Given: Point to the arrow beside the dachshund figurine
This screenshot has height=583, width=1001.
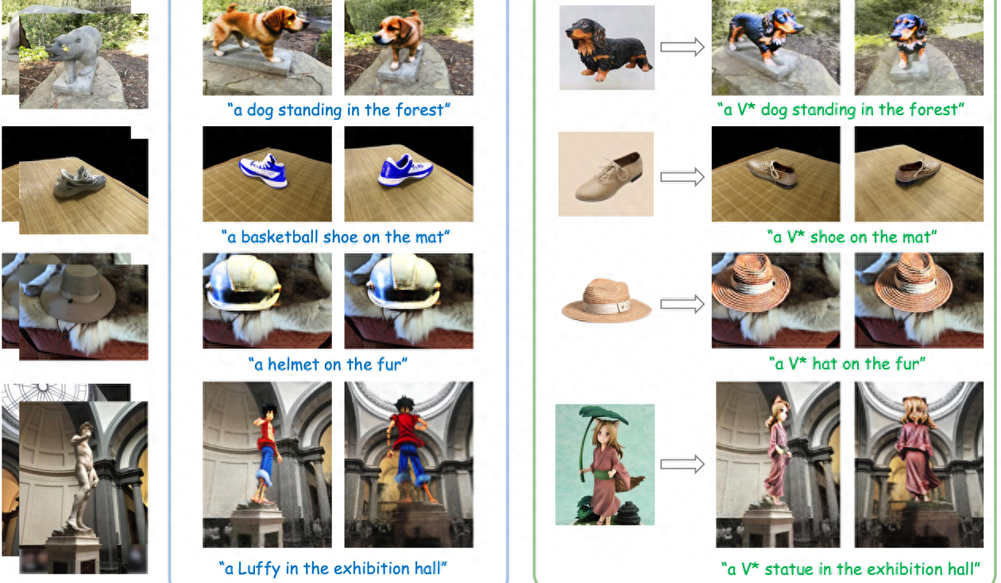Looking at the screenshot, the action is [682, 47].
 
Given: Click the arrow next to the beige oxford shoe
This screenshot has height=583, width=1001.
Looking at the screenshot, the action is [682, 177].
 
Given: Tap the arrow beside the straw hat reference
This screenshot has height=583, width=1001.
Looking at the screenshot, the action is [682, 304].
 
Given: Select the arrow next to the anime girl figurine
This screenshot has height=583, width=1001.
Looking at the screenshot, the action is [682, 464].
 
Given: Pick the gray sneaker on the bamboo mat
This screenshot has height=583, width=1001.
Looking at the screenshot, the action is [79, 182].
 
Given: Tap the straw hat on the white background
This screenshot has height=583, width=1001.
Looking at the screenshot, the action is [606, 301].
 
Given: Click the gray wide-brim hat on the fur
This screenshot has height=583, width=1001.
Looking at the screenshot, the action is [78, 293].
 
